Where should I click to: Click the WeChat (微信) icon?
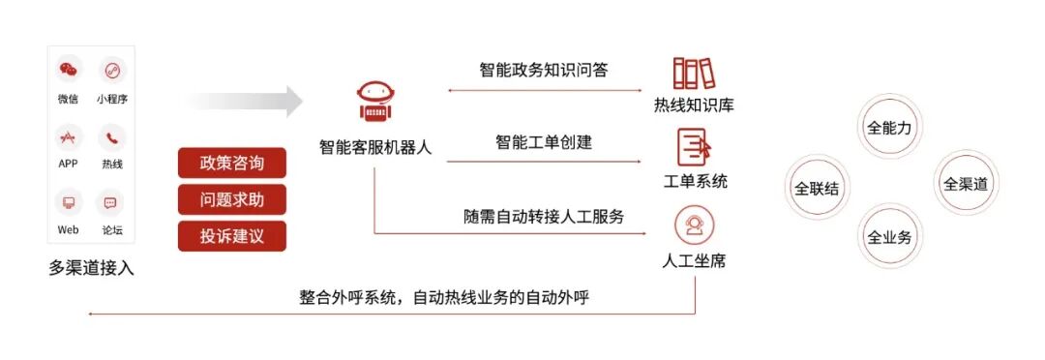click(68, 71)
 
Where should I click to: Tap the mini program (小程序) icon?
click(112, 71)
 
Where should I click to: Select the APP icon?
click(68, 136)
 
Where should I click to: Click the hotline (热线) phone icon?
click(112, 136)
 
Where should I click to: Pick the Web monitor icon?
click(68, 202)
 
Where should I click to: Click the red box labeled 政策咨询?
click(231, 163)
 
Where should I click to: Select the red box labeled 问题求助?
click(231, 199)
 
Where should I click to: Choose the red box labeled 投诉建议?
click(231, 236)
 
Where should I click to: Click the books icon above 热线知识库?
click(693, 74)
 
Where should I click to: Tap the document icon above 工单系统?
click(695, 147)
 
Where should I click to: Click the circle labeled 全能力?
click(889, 127)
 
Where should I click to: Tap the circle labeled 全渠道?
click(966, 183)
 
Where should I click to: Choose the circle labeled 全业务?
click(889, 237)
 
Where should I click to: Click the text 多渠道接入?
click(91, 268)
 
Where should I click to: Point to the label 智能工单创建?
click(544, 143)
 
